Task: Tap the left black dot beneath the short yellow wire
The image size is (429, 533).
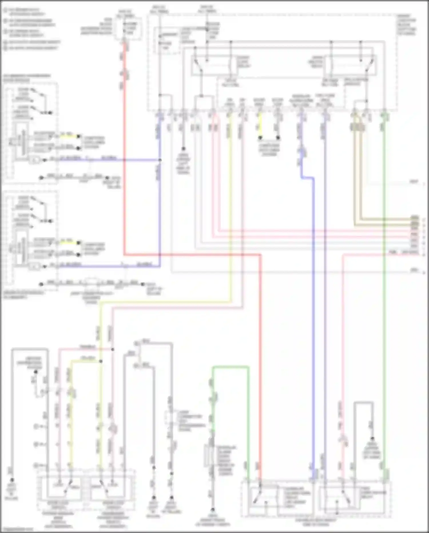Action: click(260, 138)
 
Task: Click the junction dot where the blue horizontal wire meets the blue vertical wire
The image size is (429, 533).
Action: click(160, 160)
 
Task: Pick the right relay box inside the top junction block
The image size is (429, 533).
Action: click(349, 65)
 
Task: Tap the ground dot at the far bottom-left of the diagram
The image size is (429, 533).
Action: click(12, 480)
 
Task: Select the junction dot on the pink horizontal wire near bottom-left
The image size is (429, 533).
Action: click(112, 349)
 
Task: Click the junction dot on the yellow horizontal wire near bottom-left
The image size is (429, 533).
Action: click(101, 361)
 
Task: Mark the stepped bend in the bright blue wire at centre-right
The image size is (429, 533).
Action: click(308, 178)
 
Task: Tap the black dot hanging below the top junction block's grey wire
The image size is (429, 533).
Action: click(183, 149)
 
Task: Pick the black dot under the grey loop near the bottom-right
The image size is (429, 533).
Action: click(372, 438)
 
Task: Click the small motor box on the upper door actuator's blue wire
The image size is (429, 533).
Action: click(35, 160)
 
